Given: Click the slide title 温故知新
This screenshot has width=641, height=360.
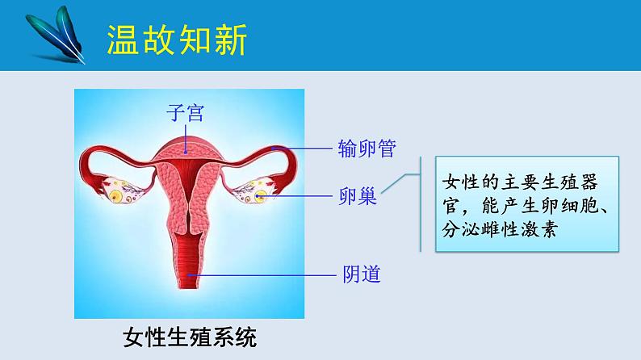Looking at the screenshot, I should pos(177,39).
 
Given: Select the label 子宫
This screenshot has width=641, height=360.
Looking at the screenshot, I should pos(185,112).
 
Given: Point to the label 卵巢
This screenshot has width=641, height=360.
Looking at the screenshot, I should pos(358,196).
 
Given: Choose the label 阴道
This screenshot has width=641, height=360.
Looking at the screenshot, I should pos(357,274).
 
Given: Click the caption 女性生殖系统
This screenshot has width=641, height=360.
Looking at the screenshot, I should pos(191,336).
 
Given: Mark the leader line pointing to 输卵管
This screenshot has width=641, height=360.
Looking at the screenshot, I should pos(303,149).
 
